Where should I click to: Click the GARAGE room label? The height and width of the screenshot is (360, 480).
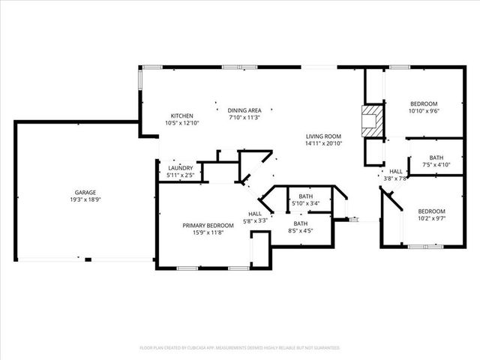[83, 193]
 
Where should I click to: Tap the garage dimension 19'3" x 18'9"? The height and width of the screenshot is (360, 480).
[83, 200]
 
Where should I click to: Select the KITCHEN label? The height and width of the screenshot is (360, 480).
[181, 115]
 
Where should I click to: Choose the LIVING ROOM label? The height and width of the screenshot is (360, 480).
[323, 136]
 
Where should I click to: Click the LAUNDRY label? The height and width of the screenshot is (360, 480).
[180, 168]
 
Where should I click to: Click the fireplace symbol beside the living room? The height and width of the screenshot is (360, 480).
[370, 121]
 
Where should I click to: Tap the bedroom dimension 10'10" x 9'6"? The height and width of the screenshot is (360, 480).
[424, 111]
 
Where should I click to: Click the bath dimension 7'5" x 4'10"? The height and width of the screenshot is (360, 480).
[436, 165]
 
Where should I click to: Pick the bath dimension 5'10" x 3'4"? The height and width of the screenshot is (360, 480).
[305, 203]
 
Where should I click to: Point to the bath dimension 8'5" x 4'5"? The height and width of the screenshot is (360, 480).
[300, 231]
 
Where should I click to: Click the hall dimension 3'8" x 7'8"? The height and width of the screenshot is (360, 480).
[395, 178]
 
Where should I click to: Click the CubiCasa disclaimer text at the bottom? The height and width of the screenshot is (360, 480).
[240, 348]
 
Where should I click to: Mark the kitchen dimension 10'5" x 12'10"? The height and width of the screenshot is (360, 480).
[181, 123]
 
